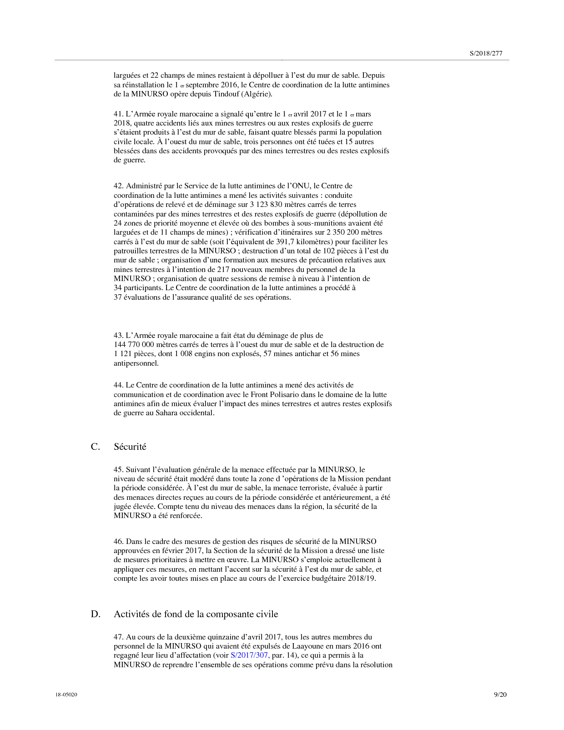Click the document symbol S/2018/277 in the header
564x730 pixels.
click(x=486, y=53)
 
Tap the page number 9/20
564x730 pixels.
click(x=500, y=695)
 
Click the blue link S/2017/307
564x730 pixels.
click(x=250, y=655)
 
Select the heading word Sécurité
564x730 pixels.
click(x=130, y=447)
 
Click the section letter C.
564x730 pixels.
click(x=95, y=447)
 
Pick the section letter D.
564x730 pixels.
click(x=96, y=614)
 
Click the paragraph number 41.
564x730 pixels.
click(x=118, y=114)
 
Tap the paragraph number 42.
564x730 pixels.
click(x=118, y=186)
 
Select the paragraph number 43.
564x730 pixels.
click(x=118, y=336)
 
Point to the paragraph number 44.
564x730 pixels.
click(x=118, y=385)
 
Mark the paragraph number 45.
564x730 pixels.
click(x=118, y=470)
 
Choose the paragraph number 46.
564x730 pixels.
click(x=118, y=542)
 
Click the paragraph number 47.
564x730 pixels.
click(x=118, y=637)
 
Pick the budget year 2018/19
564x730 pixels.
click(x=362, y=579)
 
